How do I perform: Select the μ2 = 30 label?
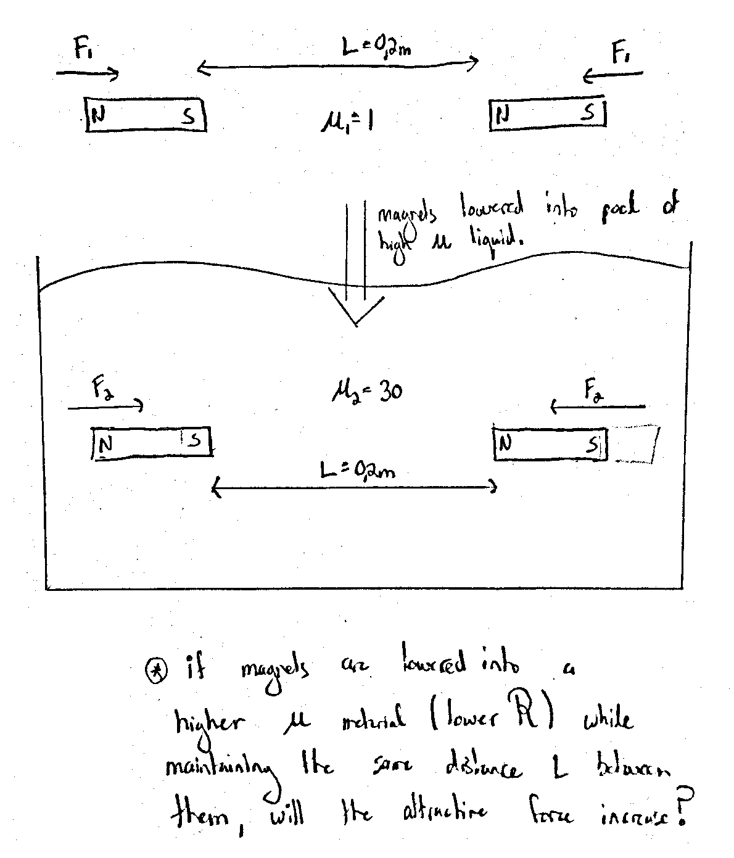tap(366, 391)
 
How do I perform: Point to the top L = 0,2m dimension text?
tap(377, 47)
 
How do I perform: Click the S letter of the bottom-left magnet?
tap(195, 440)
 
